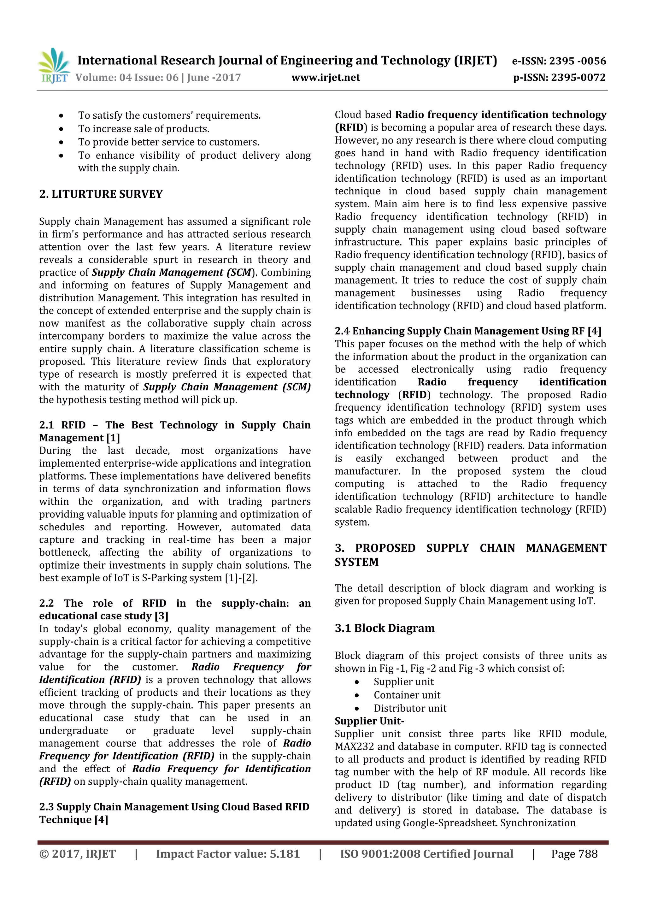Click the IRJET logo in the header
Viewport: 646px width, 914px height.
(x=54, y=66)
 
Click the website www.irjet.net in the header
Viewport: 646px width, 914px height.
(x=326, y=78)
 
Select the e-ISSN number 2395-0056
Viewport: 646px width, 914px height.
(x=577, y=61)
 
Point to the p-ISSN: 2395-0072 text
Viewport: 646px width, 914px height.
(x=559, y=78)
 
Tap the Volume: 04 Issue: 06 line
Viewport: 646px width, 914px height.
(x=158, y=78)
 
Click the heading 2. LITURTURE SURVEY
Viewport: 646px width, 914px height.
(x=101, y=194)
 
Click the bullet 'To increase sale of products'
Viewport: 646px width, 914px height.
(x=144, y=129)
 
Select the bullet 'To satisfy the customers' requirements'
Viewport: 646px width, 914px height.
(x=169, y=116)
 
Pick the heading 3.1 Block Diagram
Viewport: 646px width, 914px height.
(x=385, y=628)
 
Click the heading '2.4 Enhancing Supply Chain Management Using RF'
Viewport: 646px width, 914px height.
(x=468, y=331)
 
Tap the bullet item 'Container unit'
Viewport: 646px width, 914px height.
(x=407, y=695)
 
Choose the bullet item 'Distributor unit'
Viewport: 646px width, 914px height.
(x=410, y=708)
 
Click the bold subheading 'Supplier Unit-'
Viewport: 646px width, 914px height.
(x=369, y=721)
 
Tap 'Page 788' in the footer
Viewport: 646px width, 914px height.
(x=574, y=854)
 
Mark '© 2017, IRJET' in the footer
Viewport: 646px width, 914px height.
(x=78, y=854)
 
